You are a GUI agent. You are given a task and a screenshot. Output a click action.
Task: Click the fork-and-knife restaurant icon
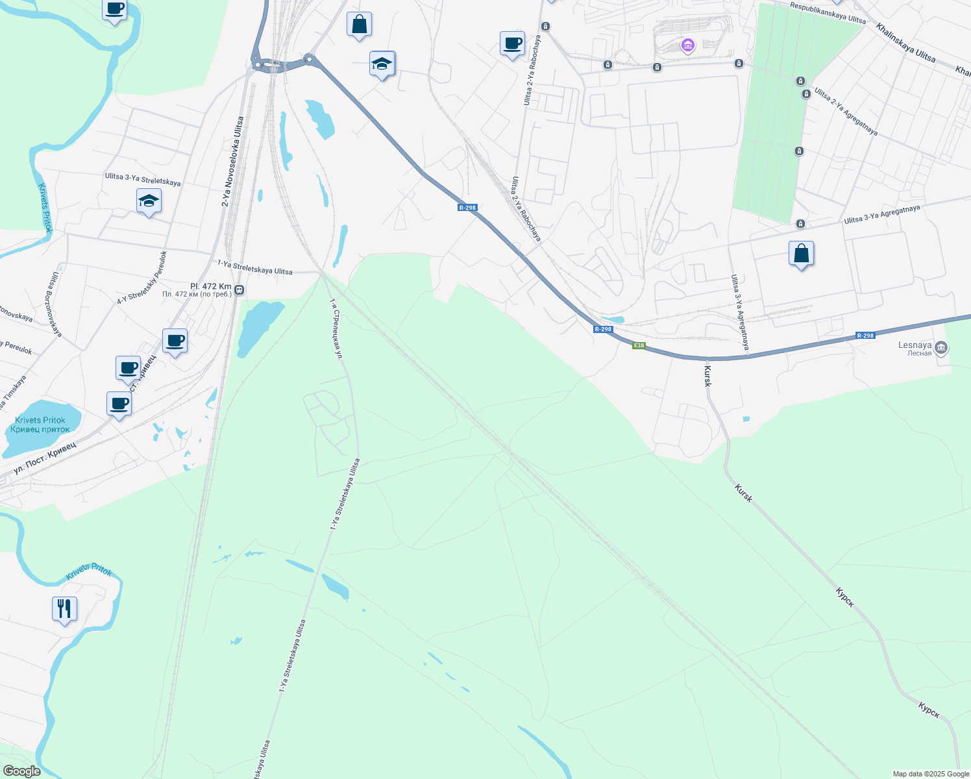pos(64,609)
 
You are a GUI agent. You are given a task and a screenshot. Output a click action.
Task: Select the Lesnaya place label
pos(915,345)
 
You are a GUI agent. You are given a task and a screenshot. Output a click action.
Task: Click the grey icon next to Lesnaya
pos(941,348)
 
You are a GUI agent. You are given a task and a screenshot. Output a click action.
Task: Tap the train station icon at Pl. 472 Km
pos(240,290)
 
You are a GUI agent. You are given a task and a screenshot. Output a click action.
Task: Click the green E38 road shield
pos(639,345)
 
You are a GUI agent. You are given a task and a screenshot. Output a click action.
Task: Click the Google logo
pos(21,771)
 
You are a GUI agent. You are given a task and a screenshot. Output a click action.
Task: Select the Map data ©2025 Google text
pos(931,774)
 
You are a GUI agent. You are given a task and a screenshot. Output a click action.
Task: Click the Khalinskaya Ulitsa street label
pos(905,43)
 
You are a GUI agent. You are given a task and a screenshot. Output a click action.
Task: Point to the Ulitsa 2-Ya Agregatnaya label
pos(846,112)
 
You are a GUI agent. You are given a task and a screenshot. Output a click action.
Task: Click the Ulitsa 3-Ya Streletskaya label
pos(143,179)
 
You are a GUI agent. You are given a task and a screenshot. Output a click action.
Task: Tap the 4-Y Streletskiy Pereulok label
pos(142,277)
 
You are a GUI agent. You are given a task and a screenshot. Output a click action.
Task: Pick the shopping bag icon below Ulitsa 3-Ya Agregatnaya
pos(801,254)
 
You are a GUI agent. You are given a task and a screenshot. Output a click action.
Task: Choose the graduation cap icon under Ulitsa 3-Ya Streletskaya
pos(149,201)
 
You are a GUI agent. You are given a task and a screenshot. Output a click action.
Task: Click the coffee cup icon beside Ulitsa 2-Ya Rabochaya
pos(512,43)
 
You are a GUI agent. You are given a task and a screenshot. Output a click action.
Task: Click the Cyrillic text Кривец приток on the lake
pos(40,429)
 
